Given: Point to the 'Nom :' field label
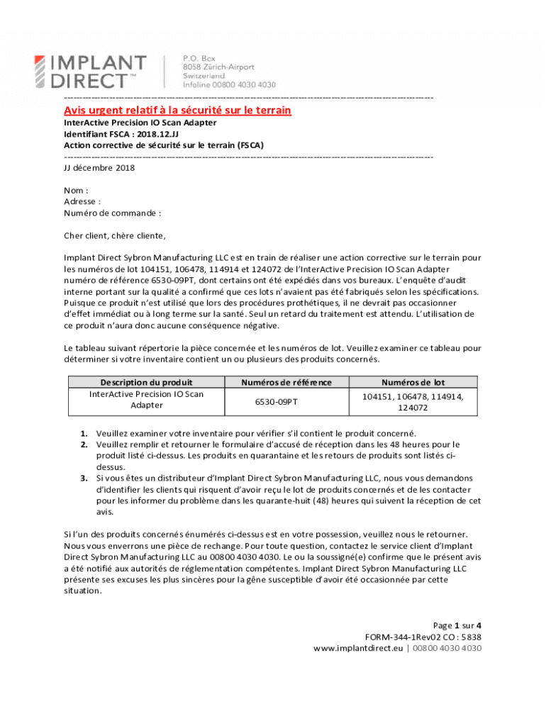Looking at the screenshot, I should pos(76,190).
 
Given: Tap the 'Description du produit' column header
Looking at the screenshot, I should pos(146,382).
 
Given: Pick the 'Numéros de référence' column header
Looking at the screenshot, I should pos(286,382).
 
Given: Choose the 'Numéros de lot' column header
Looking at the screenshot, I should pos(413,382).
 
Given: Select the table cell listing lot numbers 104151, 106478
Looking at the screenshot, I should pos(413,402).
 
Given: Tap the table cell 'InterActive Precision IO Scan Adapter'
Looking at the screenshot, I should pos(146,399).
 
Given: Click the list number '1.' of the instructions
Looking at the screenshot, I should pos(84,433).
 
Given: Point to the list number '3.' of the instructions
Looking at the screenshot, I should pos(84,479).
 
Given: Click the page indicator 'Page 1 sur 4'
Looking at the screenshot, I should pos(457,625).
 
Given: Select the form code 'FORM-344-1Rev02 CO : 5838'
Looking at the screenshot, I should pos(423,637).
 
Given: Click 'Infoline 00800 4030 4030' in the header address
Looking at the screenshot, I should pos(229,84).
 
